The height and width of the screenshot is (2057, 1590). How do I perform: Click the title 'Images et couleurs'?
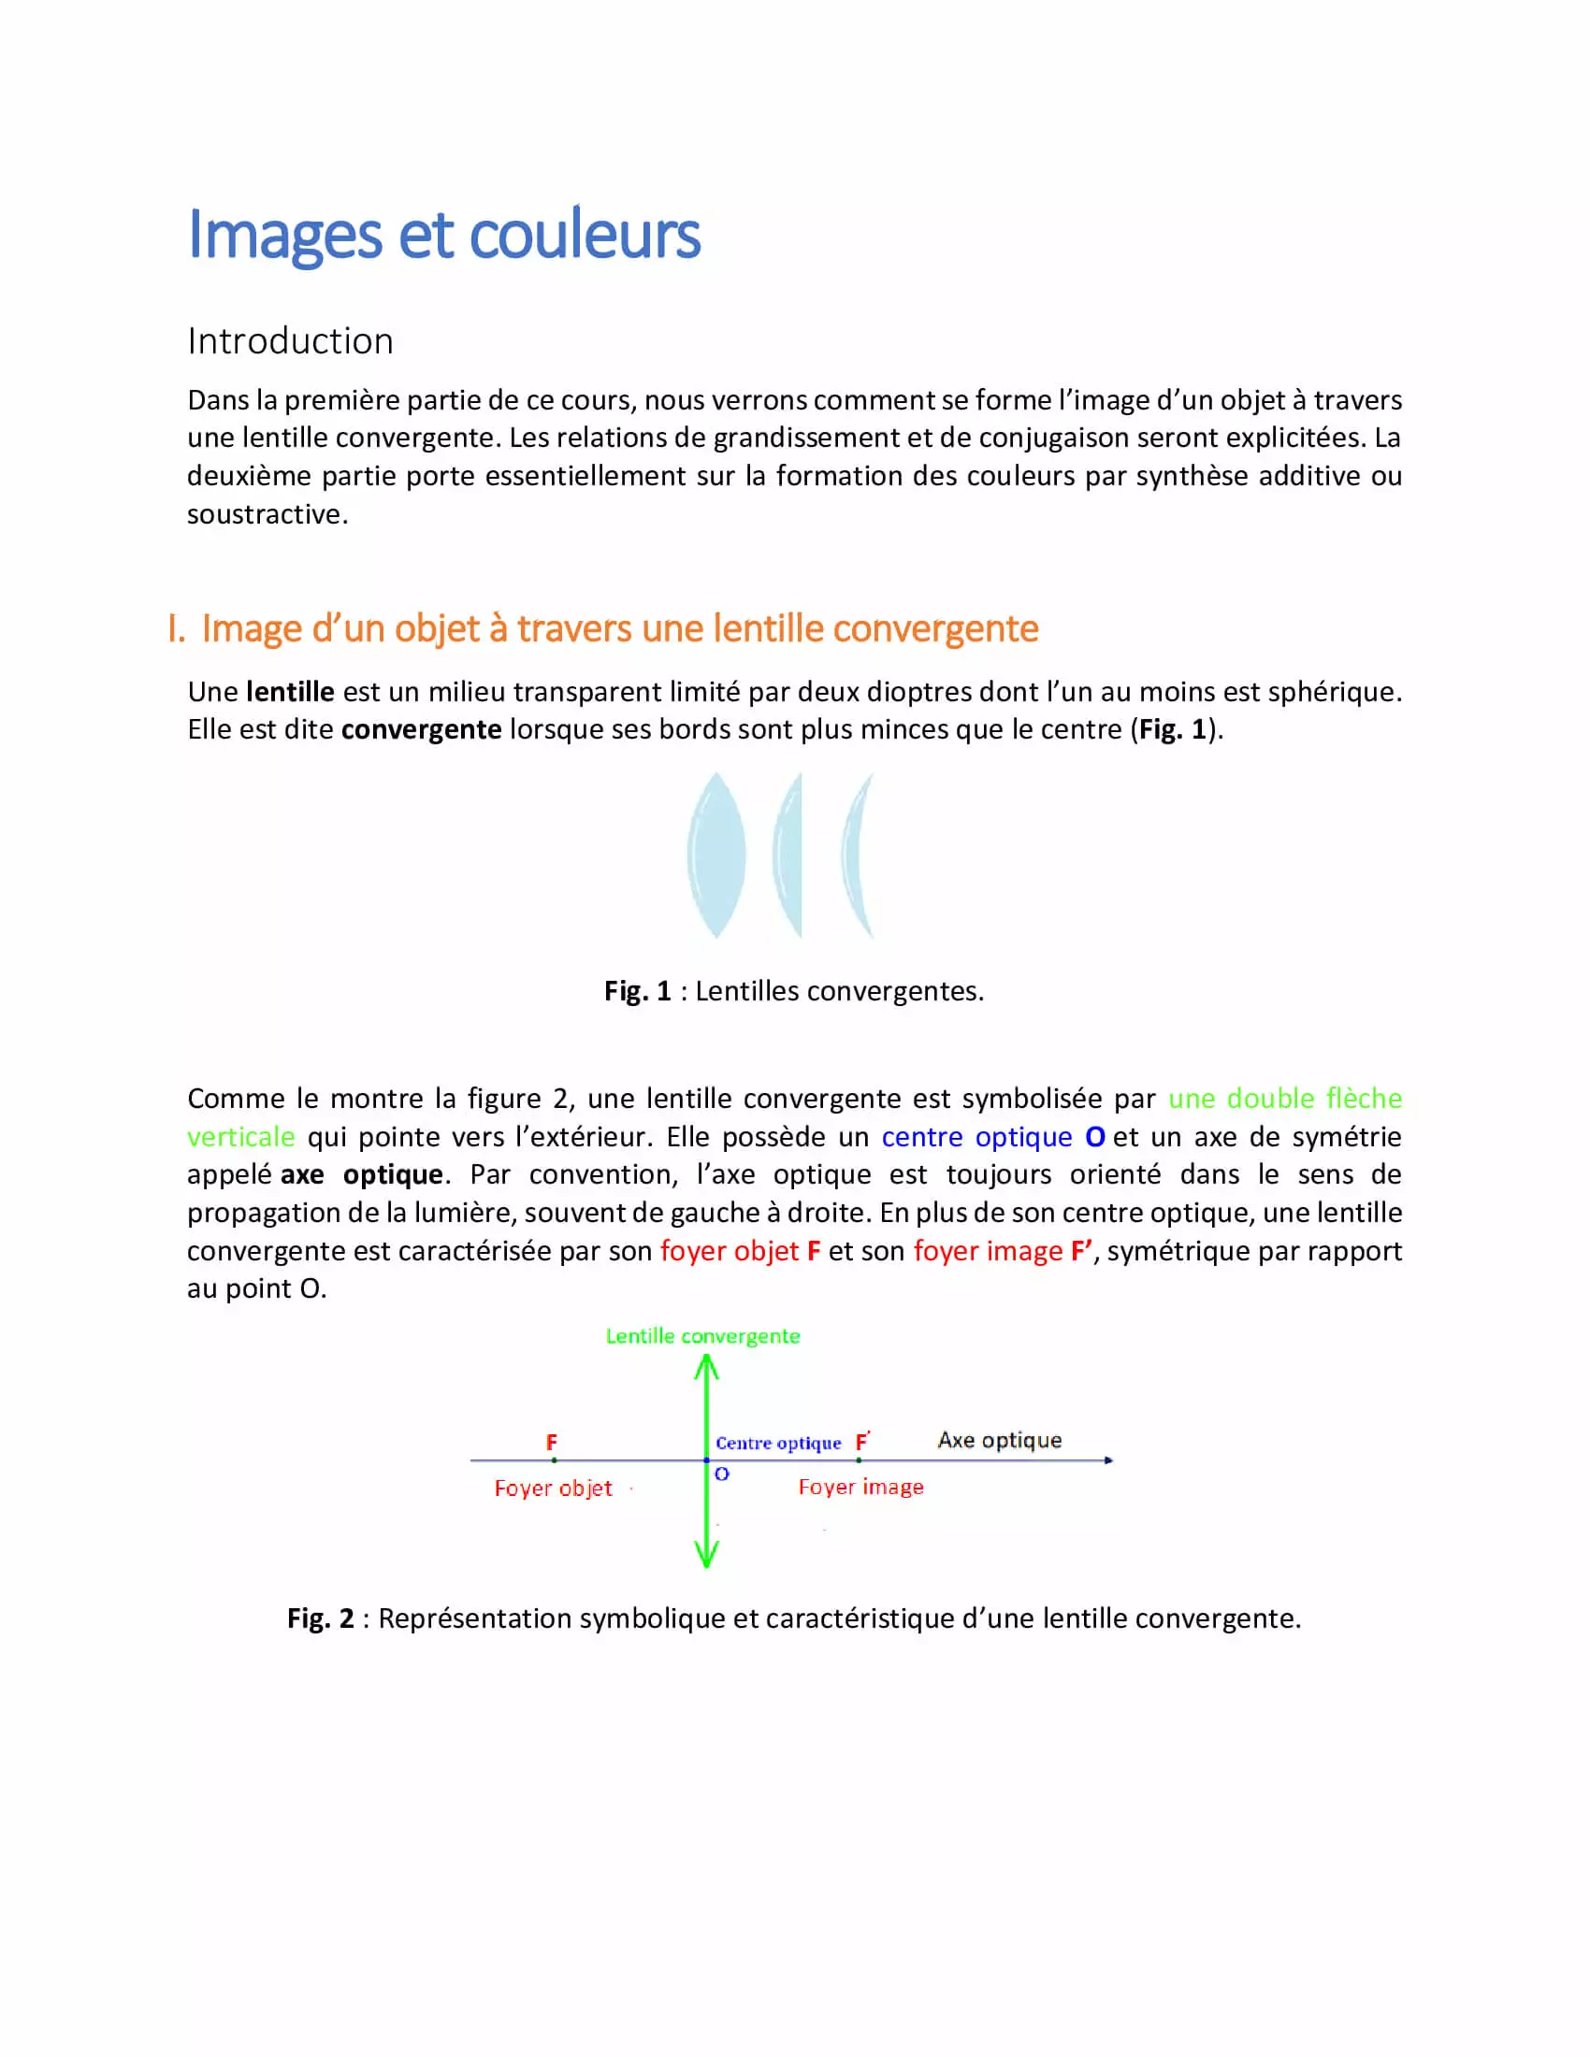click(443, 235)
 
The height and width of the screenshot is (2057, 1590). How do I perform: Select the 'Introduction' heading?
click(290, 341)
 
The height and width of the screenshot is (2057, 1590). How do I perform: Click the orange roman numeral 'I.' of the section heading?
click(175, 629)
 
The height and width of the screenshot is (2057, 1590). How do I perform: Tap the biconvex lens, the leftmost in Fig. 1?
click(716, 856)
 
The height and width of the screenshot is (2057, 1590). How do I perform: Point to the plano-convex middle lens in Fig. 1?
click(789, 856)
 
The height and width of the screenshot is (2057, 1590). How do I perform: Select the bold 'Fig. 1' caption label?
click(638, 992)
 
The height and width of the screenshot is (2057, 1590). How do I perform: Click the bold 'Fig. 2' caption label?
click(320, 1619)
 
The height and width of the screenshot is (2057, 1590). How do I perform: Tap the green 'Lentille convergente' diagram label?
click(702, 1336)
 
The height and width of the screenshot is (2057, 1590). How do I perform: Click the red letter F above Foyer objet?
click(552, 1443)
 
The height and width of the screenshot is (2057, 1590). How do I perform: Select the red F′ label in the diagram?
click(862, 1442)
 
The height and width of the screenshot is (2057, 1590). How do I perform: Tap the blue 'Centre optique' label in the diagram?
click(778, 1444)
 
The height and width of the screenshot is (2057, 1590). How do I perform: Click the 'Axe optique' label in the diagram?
click(1000, 1440)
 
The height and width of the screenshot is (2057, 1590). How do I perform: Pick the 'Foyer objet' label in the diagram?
click(553, 1489)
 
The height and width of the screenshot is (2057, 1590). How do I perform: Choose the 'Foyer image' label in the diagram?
click(860, 1488)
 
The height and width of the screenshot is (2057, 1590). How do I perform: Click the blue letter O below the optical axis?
click(721, 1474)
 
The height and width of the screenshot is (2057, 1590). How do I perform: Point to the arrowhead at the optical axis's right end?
click(1108, 1460)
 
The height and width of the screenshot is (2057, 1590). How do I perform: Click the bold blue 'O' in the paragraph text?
click(1094, 1138)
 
